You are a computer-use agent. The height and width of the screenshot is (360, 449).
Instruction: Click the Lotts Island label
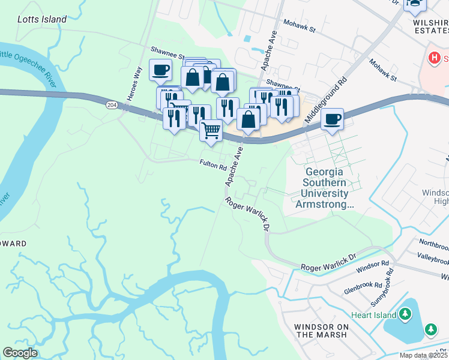tap(42, 19)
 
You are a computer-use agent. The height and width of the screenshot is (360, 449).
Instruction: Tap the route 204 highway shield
tap(112, 104)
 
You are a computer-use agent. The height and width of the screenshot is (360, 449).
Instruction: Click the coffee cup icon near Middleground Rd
tap(332, 119)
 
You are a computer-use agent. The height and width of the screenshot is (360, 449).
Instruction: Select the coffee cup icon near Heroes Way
tap(160, 70)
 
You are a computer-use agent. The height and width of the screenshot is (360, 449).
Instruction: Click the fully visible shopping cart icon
tap(210, 129)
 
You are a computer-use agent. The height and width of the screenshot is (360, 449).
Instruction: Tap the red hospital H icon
tap(433, 58)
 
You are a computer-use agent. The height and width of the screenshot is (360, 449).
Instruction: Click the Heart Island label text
tap(373, 315)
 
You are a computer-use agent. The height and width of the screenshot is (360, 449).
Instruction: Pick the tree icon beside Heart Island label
tap(405, 314)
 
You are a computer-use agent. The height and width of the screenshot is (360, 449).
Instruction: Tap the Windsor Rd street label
tap(372, 267)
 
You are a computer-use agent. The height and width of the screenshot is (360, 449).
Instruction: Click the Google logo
tap(20, 353)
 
